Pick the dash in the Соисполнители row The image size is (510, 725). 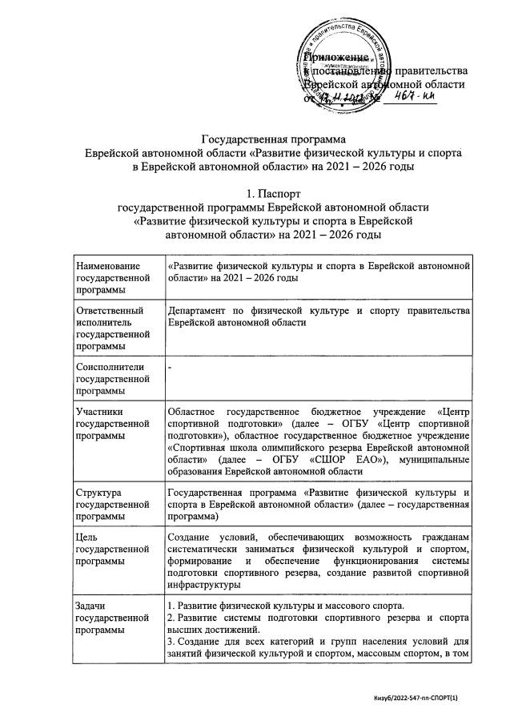[x=170, y=365]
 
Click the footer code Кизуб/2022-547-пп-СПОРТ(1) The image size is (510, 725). [x=424, y=699]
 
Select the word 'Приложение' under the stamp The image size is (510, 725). [x=335, y=58]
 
